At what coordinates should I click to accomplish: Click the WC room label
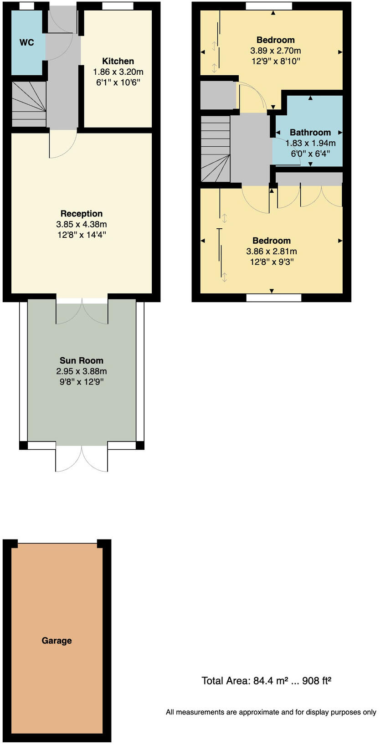[27, 42]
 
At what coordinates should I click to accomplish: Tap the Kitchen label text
[118, 61]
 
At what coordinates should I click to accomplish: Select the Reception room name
[82, 213]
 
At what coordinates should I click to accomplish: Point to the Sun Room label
[82, 360]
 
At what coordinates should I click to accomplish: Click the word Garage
[56, 640]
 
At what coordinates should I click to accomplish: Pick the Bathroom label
[310, 132]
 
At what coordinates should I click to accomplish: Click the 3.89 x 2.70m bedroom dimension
[276, 51]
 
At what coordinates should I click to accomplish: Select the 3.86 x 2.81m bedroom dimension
[272, 251]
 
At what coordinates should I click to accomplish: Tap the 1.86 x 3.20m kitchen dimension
[118, 72]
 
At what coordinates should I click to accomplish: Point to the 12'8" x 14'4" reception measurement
[82, 235]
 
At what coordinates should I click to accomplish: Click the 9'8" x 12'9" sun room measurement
[82, 382]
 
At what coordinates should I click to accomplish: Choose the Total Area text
[266, 681]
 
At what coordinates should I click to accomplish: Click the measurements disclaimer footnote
[271, 712]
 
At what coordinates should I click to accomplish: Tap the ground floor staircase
[29, 104]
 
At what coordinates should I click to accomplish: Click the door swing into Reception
[63, 144]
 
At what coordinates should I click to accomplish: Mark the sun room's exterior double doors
[82, 458]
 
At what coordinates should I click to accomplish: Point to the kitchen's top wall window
[118, 6]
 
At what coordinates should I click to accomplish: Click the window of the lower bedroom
[274, 298]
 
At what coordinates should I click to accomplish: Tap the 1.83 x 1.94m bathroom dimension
[310, 143]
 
